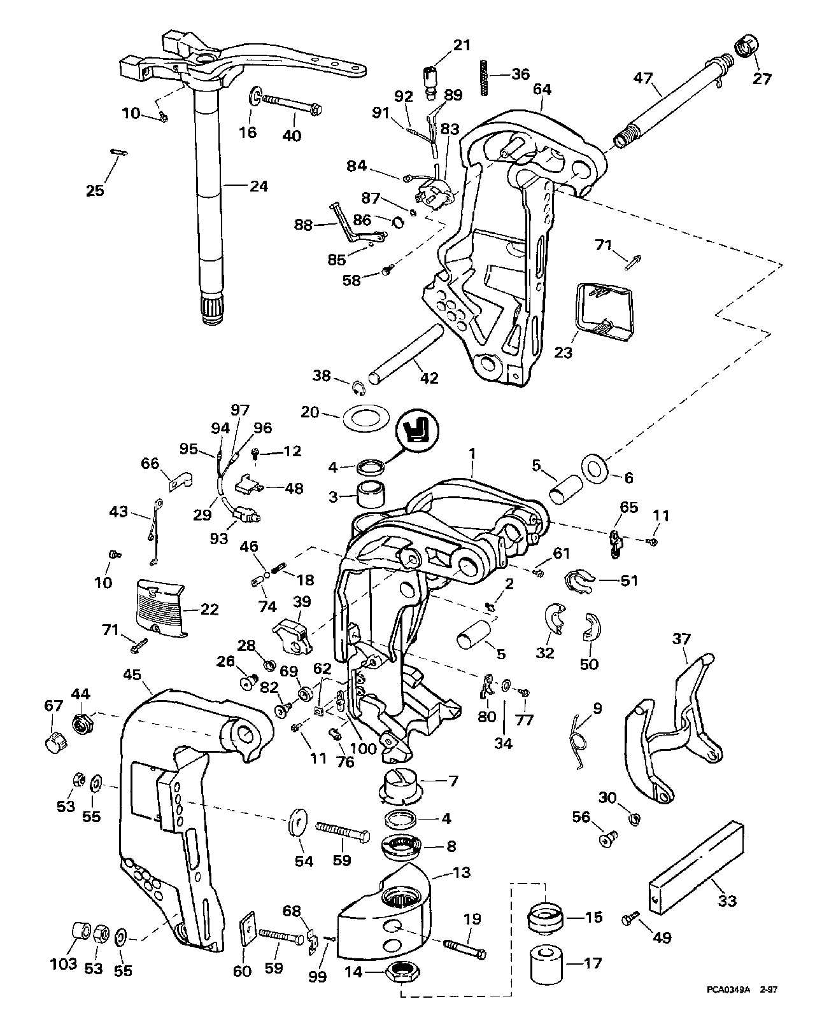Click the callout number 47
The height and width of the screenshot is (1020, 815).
(x=644, y=78)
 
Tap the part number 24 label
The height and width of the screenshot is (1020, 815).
(x=259, y=186)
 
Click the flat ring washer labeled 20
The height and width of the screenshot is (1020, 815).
(x=365, y=419)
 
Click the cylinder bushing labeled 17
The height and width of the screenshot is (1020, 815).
(x=549, y=963)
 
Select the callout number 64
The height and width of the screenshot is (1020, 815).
(x=542, y=90)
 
